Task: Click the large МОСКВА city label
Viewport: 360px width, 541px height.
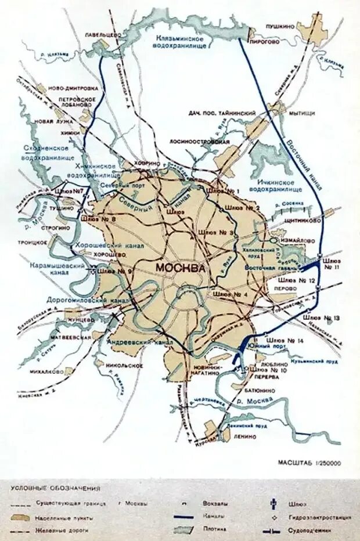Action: pos(180,268)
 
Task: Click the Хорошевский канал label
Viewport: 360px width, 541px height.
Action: pos(110,246)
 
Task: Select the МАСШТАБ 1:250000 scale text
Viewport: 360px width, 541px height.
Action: pos(309,463)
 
